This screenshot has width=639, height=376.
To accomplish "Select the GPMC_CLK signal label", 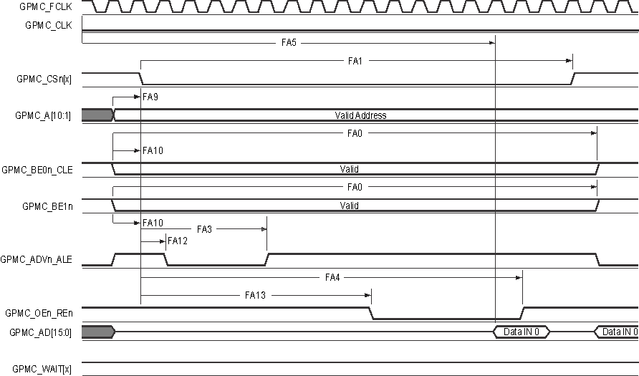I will [49, 25].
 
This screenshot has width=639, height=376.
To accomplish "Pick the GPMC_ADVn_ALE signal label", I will [42, 259].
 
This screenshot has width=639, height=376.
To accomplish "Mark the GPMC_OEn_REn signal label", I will [42, 313].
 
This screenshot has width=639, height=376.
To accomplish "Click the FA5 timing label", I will [289, 43].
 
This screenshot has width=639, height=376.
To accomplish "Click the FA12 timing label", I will [178, 241].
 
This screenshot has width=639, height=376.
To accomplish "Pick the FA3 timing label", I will [205, 229].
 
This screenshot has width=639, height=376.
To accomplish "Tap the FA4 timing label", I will [332, 277].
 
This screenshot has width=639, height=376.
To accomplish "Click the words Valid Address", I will [360, 115].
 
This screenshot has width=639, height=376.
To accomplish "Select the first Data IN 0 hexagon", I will [522, 332].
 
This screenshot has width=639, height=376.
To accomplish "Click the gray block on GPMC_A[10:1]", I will [97, 115].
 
